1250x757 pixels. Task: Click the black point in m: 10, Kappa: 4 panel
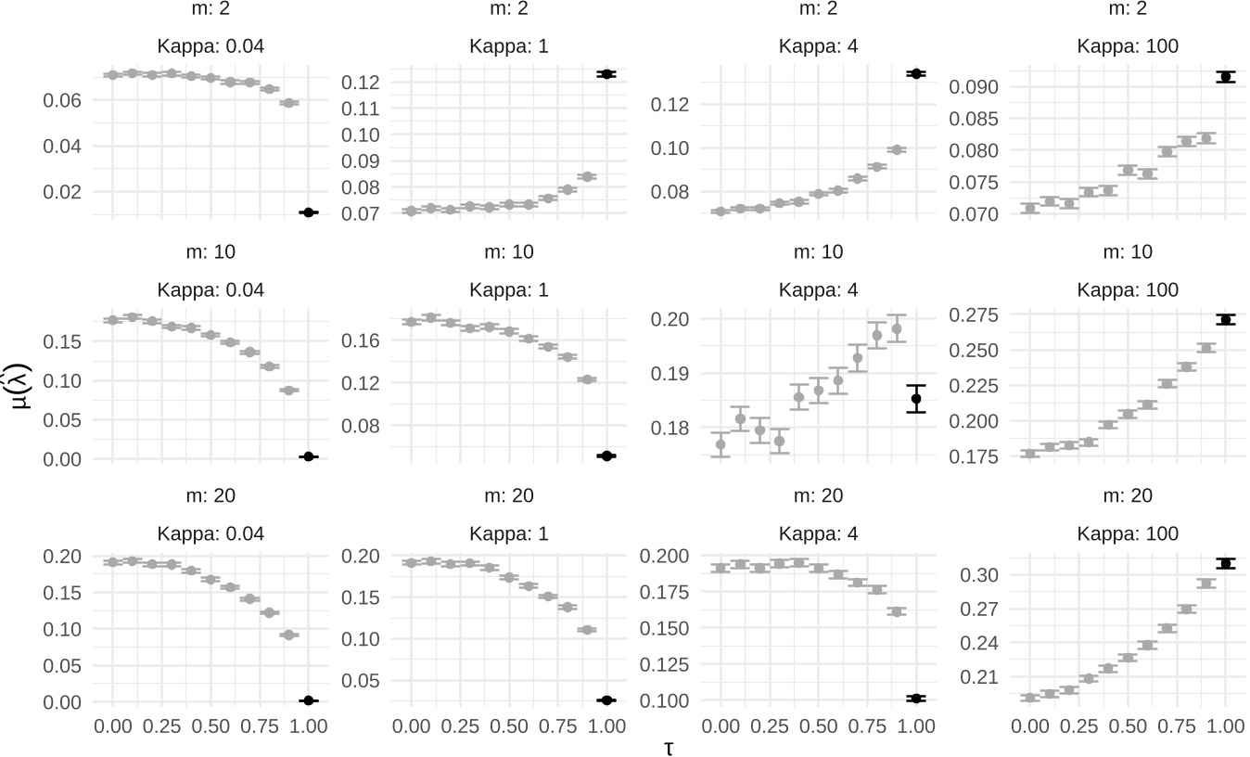(x=916, y=399)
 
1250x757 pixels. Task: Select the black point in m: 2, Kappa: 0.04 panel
(x=308, y=212)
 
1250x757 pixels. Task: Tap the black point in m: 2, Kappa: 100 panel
(x=1225, y=77)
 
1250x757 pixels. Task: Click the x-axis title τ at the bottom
(x=668, y=747)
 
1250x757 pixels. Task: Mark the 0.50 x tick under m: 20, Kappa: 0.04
(x=210, y=726)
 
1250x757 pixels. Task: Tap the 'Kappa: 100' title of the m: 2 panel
(x=1128, y=45)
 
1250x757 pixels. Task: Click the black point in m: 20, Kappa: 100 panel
(x=1225, y=563)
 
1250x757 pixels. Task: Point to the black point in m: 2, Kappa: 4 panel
(x=916, y=73)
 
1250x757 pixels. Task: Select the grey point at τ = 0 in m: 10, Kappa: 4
(x=721, y=444)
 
